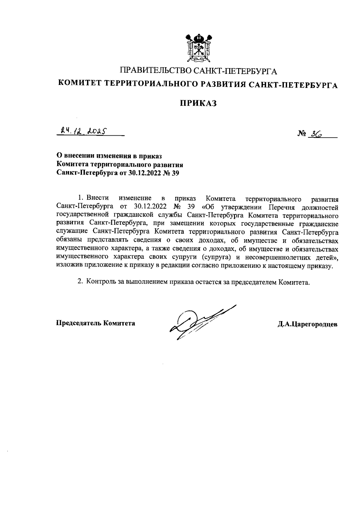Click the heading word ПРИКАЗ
coord(198,103)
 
